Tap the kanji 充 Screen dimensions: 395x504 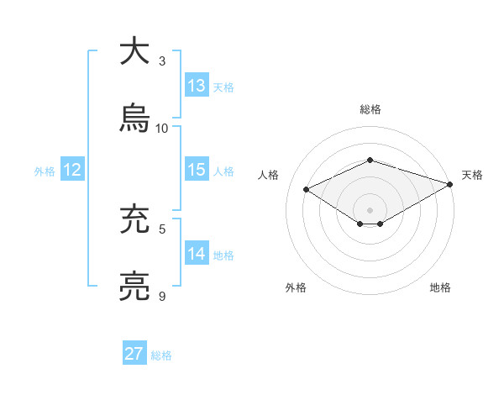click(134, 220)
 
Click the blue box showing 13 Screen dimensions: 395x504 click(197, 86)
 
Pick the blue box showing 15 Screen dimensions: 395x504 click(197, 170)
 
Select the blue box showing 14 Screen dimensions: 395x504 click(197, 254)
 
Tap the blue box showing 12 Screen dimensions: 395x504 click(72, 170)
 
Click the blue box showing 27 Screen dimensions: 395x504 click(134, 354)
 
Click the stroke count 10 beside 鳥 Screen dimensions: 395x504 click(162, 129)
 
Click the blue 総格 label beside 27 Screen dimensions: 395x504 click(161, 355)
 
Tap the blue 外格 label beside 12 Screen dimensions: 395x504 click(45, 171)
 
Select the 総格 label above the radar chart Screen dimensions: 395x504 click(370, 109)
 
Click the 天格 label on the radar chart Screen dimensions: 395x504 click(472, 175)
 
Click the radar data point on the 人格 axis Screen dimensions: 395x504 click(307, 188)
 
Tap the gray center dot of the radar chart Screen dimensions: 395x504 click(370, 208)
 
